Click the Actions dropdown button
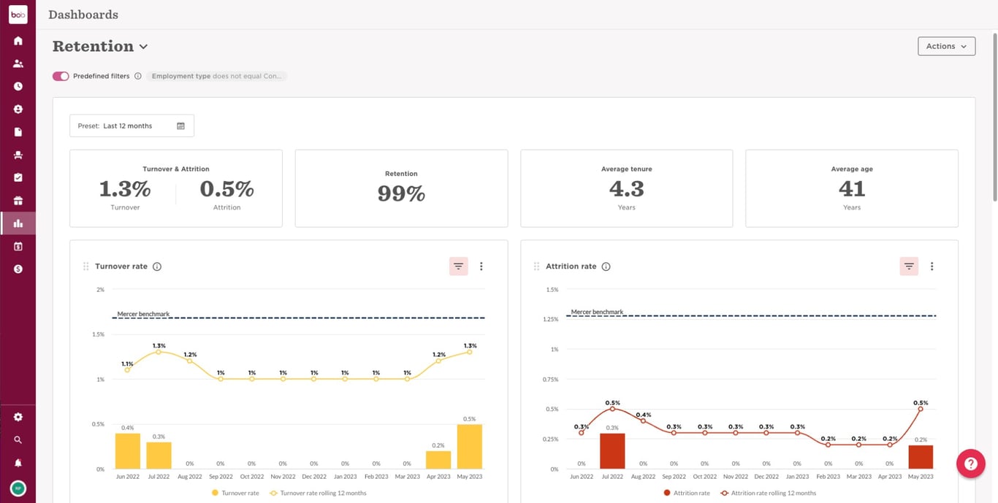[x=946, y=46]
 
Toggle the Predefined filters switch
[x=61, y=76]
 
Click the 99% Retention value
[x=401, y=193]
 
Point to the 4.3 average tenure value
[x=626, y=189]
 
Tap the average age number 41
[x=851, y=189]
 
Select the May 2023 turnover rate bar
[x=470, y=447]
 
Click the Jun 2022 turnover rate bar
[x=128, y=451]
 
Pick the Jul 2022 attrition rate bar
[x=612, y=451]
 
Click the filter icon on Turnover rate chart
[x=458, y=266]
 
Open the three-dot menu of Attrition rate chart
[x=932, y=266]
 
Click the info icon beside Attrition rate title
[x=606, y=266]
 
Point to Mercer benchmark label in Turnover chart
[x=143, y=314]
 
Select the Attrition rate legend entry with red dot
[x=687, y=494]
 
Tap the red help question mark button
[x=970, y=464]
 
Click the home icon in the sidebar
[x=18, y=41]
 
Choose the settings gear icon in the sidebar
[x=18, y=417]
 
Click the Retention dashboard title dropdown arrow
[x=143, y=47]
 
